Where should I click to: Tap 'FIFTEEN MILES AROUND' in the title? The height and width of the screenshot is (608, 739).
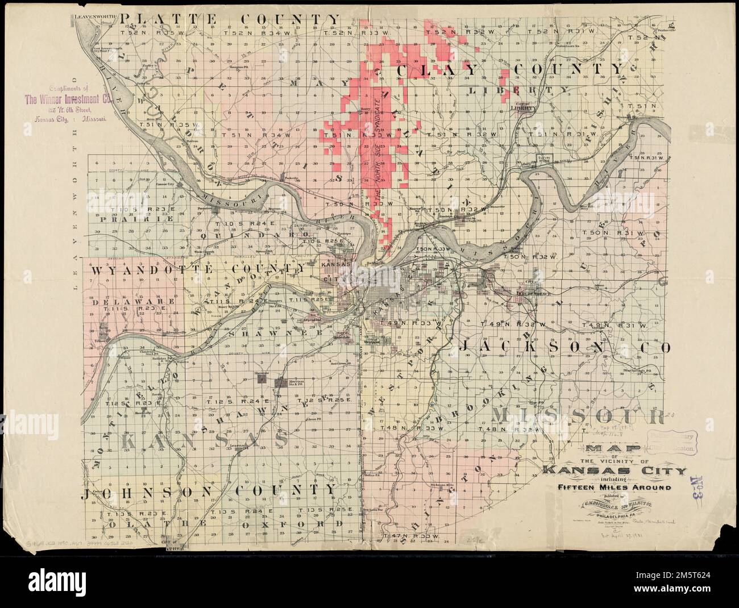coord(614,488)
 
